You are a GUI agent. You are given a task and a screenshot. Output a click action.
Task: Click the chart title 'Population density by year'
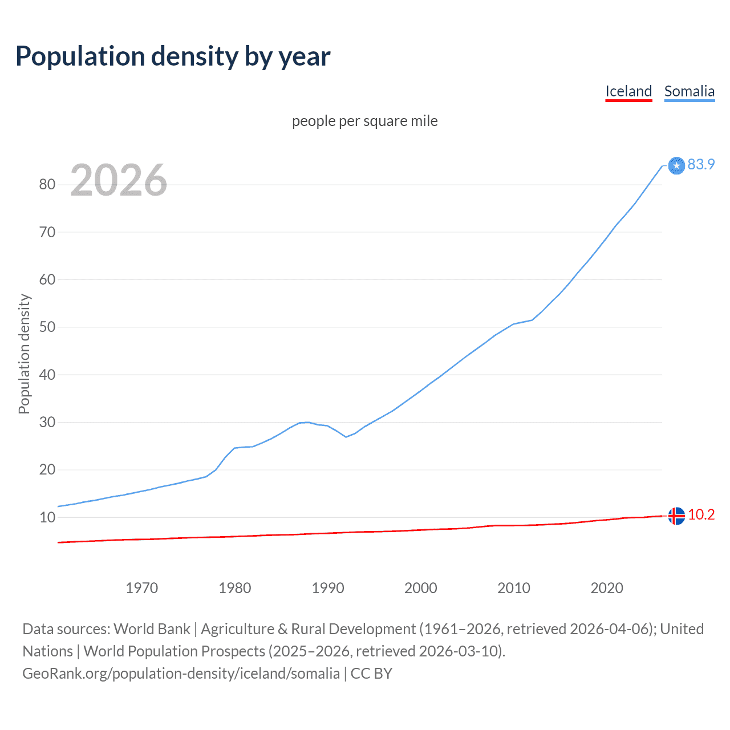[x=173, y=56]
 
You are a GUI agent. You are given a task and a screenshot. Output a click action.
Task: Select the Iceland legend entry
[x=628, y=91]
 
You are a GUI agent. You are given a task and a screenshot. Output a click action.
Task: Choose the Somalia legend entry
[x=689, y=91]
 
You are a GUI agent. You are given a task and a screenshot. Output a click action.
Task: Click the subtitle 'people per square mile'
[x=365, y=121]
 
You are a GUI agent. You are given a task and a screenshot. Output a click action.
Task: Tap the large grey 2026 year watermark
[x=119, y=180]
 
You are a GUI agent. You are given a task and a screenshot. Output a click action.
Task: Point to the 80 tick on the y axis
[x=47, y=184]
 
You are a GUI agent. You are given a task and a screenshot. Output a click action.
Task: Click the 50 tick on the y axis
[x=47, y=327]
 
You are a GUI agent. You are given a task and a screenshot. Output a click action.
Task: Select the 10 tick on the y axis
[x=47, y=518]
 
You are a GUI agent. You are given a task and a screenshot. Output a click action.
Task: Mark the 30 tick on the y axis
[x=47, y=423]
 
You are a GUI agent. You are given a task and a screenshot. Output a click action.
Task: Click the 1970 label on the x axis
[x=141, y=588]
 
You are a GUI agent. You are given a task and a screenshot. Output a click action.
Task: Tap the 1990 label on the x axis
[x=328, y=588]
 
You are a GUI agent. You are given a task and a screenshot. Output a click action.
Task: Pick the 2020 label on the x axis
[x=607, y=588]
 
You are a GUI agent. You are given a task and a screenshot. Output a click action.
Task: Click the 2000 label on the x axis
[x=421, y=588]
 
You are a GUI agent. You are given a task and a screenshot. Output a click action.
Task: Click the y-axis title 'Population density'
[x=24, y=354]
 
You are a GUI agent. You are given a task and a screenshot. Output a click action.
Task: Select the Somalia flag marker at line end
[x=676, y=165]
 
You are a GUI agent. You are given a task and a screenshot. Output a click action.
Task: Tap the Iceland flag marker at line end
[x=676, y=516]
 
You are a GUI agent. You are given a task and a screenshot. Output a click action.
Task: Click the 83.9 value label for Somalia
[x=701, y=164]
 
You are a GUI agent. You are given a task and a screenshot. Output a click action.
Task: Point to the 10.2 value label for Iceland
[x=701, y=514]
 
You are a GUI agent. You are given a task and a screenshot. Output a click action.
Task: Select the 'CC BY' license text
[x=371, y=674]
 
